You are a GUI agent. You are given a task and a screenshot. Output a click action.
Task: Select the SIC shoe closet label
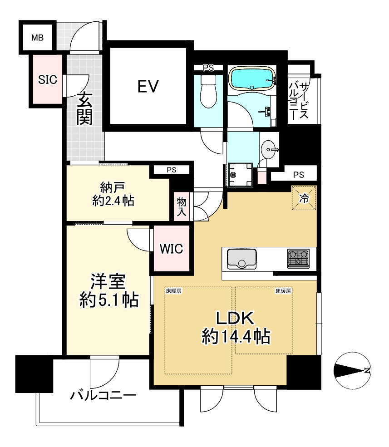tap(47, 80)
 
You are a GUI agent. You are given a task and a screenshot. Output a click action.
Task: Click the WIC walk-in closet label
tap(172, 248)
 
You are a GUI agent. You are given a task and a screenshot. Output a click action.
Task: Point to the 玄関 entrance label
tap(85, 108)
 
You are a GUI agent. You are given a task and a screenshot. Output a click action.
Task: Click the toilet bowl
tap(208, 92)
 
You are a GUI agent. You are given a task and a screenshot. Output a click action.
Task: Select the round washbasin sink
tap(270, 148)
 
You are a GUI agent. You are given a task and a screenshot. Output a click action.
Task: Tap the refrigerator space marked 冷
tap(303, 198)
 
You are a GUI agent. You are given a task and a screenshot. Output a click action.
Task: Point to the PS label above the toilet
tap(208, 68)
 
